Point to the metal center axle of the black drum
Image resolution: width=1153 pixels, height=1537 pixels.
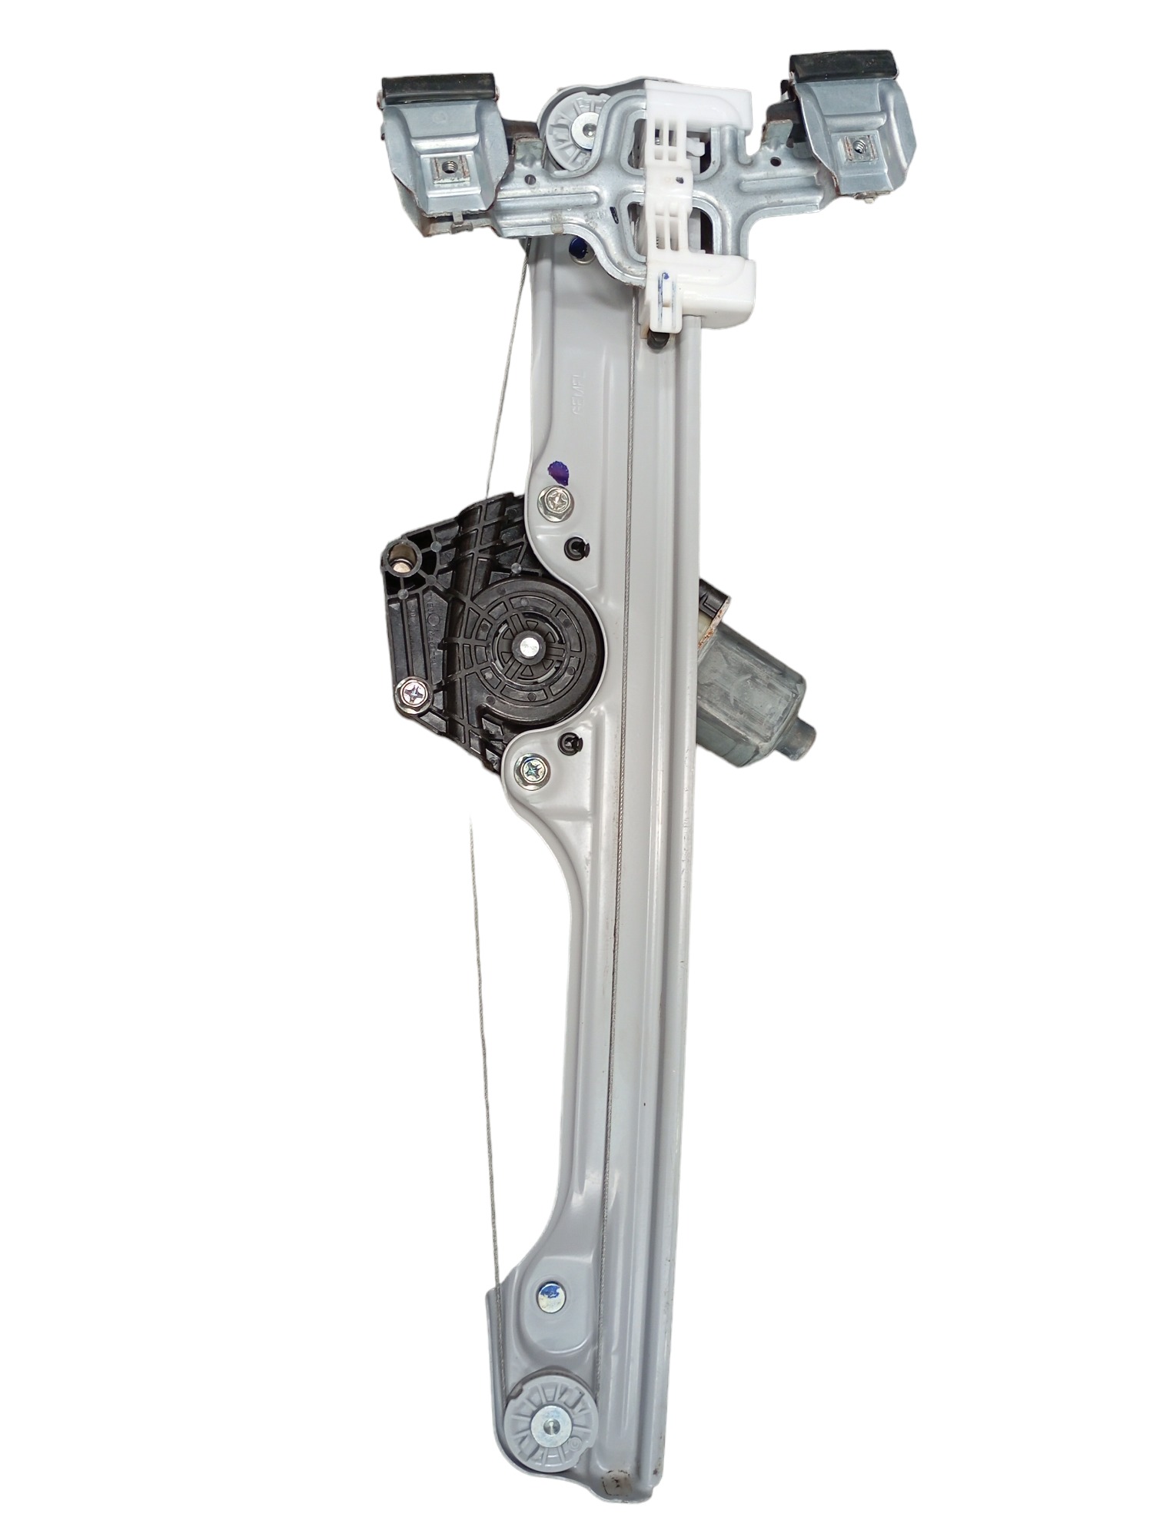click(530, 647)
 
